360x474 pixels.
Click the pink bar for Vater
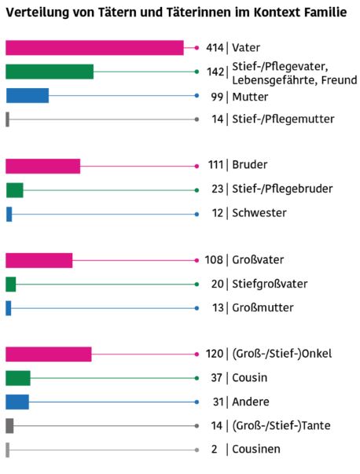pos(94,48)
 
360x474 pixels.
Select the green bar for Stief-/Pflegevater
pos(50,72)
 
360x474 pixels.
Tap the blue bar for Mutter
pos(28,96)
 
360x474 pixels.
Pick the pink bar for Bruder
pos(43,166)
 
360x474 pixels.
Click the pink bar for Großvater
pos(39,260)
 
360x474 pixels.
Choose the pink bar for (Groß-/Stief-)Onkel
pos(49,354)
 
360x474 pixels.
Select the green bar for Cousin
pos(18,378)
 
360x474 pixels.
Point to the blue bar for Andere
pos(17,402)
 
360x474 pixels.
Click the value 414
pos(215,48)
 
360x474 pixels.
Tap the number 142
pos(215,72)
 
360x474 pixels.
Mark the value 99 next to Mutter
pos(217,97)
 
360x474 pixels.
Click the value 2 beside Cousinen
pos(215,449)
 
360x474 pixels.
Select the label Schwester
pos(259,213)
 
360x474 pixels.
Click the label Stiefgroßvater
pos(270,284)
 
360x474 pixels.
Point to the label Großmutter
pos(263,307)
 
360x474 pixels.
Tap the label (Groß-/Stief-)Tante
pos(281,425)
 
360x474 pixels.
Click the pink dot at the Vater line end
pos(197,48)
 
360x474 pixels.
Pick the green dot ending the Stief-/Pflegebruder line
pos(197,190)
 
